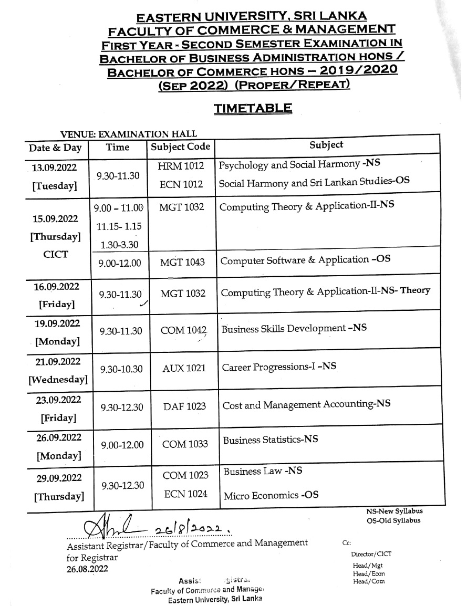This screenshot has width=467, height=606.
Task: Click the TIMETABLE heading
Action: [252, 108]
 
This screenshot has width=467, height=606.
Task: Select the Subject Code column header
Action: [180, 147]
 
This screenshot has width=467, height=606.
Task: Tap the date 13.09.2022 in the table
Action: [55, 168]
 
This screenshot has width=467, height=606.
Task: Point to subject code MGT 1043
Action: [182, 262]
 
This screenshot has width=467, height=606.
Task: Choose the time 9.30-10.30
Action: [121, 369]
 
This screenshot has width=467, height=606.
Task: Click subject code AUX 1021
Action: [184, 369]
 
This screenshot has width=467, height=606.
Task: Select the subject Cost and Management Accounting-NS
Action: [306, 405]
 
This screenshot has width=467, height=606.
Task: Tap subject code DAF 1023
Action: [184, 406]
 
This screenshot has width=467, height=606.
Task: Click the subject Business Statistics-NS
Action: [270, 440]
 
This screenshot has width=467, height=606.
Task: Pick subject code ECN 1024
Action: [185, 494]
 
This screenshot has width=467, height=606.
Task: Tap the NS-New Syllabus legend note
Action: [394, 511]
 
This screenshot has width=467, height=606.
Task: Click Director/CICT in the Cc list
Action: [371, 554]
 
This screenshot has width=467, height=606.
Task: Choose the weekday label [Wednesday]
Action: [58, 379]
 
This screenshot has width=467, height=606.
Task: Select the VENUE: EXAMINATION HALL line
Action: [129, 134]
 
